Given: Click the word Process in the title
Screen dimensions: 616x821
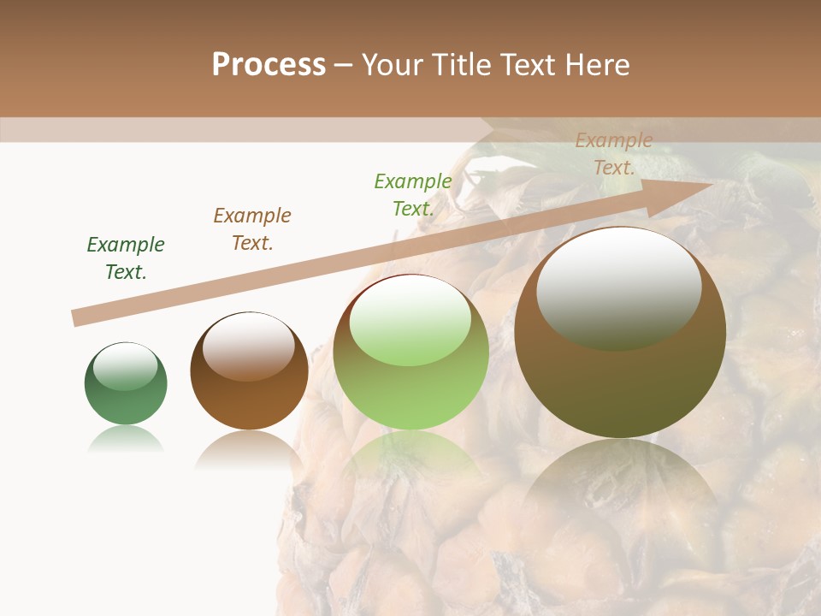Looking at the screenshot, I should click(x=269, y=65).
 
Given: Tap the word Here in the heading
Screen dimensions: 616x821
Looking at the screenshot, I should click(x=596, y=65).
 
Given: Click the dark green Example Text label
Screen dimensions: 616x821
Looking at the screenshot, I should click(x=126, y=258).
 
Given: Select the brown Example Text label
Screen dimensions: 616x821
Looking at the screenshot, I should click(x=252, y=229).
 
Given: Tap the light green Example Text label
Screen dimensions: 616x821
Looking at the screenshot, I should click(x=413, y=194).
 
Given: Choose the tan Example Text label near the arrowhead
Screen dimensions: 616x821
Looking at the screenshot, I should click(x=614, y=154).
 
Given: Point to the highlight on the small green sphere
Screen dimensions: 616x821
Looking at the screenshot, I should click(x=125, y=366).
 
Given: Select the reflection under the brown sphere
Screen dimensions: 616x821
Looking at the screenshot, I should click(x=249, y=449).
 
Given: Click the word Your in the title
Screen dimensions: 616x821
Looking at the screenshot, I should click(x=391, y=65).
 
